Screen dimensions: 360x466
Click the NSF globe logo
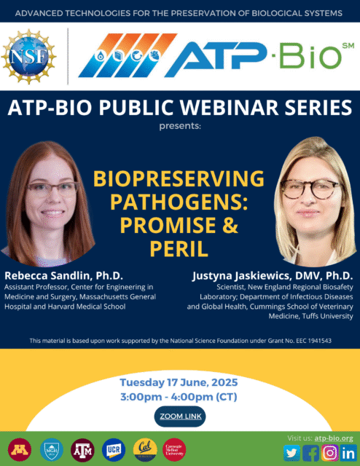click(x=29, y=56)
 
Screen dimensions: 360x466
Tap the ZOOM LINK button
click(x=180, y=416)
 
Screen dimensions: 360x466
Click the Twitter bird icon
click(x=292, y=453)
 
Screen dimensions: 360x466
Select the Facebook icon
click(x=310, y=453)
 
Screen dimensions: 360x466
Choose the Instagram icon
click(x=329, y=453)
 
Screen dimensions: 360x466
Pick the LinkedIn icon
click(x=348, y=453)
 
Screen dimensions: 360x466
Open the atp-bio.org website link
click(x=334, y=438)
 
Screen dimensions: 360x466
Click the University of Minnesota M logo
click(x=20, y=450)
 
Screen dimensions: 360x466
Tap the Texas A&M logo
click(x=82, y=450)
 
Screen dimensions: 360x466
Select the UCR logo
click(x=114, y=450)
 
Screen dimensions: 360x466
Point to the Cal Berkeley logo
click(x=145, y=450)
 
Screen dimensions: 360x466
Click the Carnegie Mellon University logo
click(x=174, y=450)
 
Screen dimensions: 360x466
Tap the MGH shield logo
click(x=52, y=450)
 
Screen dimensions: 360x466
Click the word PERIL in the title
click(x=179, y=248)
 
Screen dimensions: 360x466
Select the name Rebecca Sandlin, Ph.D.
click(x=63, y=275)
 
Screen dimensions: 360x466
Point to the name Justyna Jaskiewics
click(x=241, y=276)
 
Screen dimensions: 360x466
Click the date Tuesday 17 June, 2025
click(x=179, y=382)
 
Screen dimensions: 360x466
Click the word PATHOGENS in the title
click(x=179, y=202)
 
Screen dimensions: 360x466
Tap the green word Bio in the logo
click(x=310, y=56)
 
